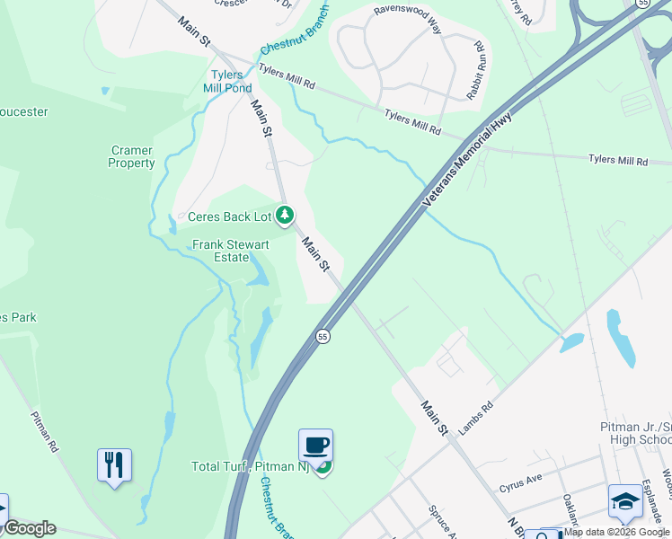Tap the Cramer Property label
point(131,157)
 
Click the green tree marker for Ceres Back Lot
point(285,215)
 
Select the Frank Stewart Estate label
point(220,251)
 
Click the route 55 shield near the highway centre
point(323,336)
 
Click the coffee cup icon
point(315,445)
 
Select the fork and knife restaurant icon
point(114,464)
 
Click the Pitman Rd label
point(46,431)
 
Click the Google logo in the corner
point(29,528)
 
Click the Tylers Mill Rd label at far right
point(617,160)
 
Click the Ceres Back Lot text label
point(229,216)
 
